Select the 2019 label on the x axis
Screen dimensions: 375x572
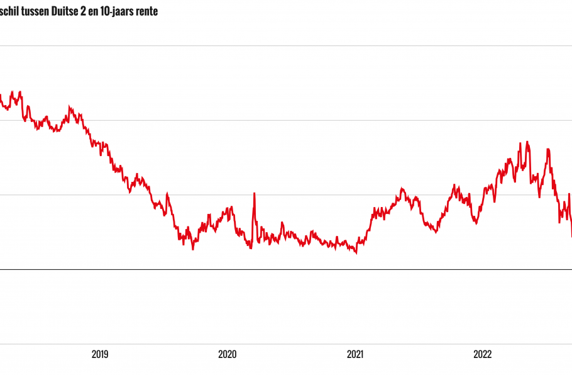click(x=100, y=354)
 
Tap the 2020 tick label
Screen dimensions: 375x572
click(x=228, y=354)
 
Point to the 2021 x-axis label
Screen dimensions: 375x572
click(x=355, y=354)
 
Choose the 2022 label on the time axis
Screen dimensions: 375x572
click(x=482, y=354)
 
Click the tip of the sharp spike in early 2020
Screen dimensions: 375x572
click(x=254, y=193)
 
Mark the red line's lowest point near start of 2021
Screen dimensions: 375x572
click(x=356, y=253)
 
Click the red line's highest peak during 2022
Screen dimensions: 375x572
click(x=527, y=142)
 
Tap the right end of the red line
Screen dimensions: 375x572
click(x=571, y=236)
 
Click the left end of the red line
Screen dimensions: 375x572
click(x=1, y=96)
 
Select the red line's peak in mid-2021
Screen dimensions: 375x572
click(x=403, y=188)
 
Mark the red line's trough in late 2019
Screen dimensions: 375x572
click(x=193, y=249)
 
